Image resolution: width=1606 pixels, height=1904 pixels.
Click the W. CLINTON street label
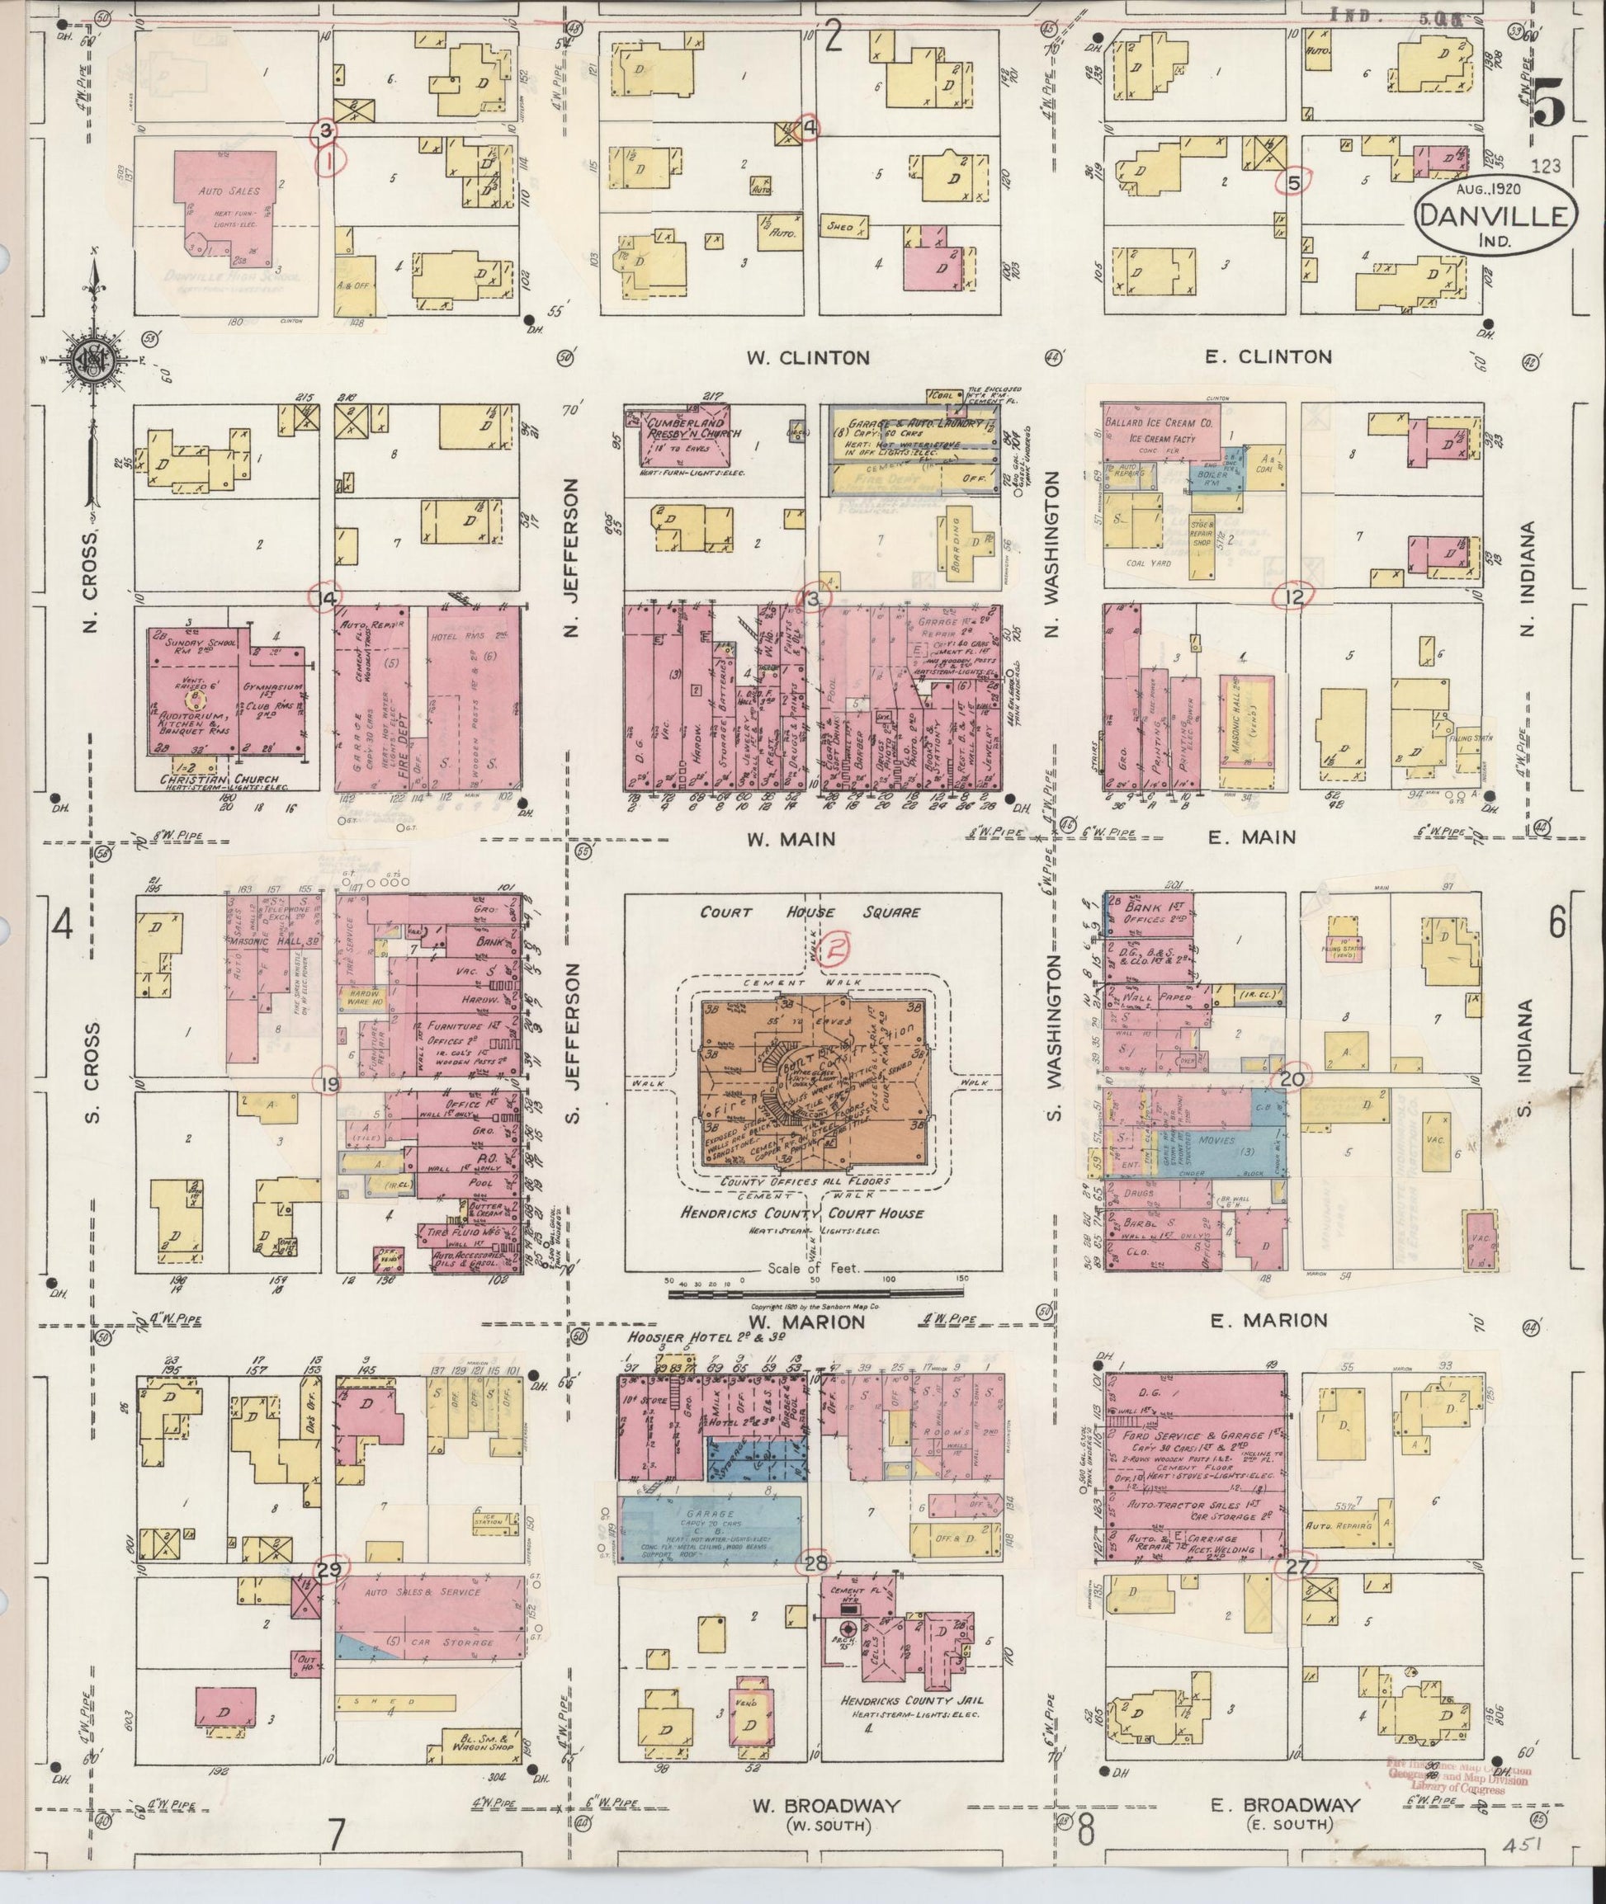click(x=808, y=358)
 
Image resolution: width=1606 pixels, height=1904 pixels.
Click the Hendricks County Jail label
click(x=912, y=1701)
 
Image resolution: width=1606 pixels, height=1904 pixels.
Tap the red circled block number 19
click(x=328, y=1084)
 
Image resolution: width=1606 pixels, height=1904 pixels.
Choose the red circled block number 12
click(x=1296, y=597)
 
